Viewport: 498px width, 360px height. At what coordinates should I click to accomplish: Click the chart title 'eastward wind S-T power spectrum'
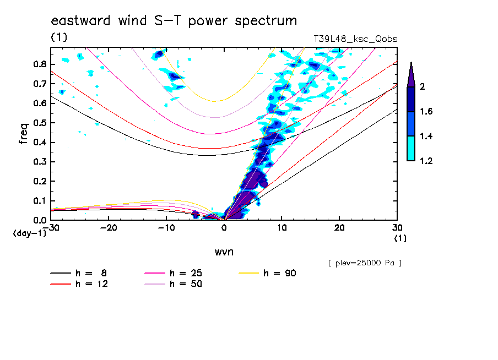pos(174,21)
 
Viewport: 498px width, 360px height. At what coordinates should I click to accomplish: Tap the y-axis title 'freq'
pos(24,134)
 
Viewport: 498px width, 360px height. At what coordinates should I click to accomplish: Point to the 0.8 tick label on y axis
pos(39,64)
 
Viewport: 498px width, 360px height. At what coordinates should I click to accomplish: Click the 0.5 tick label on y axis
pos(39,123)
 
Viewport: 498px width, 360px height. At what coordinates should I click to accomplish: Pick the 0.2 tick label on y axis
pos(39,181)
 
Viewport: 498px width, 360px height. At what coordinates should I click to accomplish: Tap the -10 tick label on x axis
pos(166,227)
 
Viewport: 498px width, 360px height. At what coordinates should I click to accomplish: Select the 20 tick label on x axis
pos(339,227)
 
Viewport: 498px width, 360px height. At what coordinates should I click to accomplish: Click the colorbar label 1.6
pos(426,112)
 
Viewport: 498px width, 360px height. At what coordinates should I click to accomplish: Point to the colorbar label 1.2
pos(426,161)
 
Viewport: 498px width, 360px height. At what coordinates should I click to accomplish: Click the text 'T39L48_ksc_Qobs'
pos(355,39)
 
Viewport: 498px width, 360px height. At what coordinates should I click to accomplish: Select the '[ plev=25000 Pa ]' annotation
pos(365,263)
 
